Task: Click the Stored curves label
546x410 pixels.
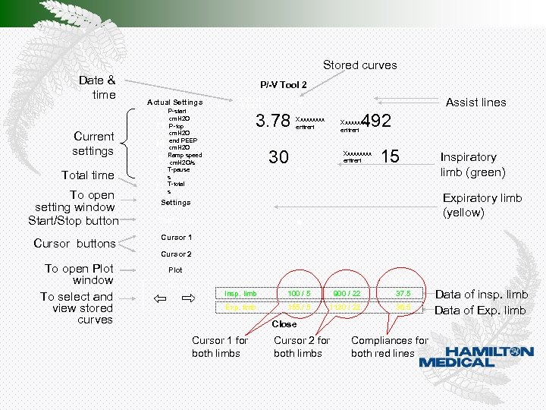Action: tap(359, 65)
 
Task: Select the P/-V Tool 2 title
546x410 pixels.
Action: tap(284, 84)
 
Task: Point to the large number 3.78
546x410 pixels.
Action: tap(273, 121)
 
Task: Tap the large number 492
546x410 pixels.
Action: tap(376, 121)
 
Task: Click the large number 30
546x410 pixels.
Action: tap(278, 157)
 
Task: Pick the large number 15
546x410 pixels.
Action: tap(390, 156)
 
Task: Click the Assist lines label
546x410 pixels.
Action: tap(475, 102)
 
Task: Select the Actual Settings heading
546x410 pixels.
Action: tap(174, 102)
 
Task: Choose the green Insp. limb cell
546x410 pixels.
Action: tap(240, 294)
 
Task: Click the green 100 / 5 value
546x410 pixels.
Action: tap(298, 294)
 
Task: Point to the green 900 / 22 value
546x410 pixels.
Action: tap(346, 294)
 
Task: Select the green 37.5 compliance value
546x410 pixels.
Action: tap(403, 294)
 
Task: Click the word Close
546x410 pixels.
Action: tap(284, 324)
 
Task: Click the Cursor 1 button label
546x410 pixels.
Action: tap(176, 238)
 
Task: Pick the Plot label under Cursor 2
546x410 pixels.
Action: tap(175, 270)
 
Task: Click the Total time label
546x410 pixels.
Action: tap(87, 175)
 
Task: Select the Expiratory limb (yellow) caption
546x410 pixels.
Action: tap(482, 205)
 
